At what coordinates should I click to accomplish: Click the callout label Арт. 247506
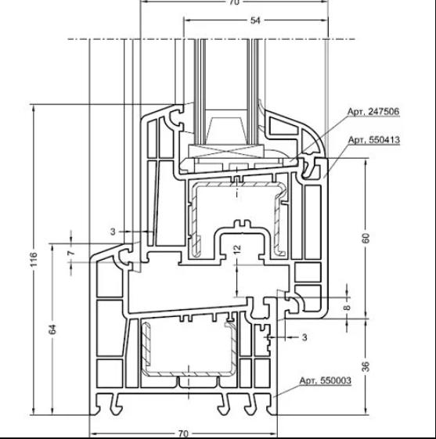373,113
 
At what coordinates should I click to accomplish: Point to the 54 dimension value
255,21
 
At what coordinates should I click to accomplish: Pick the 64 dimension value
52,329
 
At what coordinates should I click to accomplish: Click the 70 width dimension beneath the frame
182,432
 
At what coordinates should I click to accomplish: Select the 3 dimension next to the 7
113,232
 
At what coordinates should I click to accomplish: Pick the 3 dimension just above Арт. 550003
304,336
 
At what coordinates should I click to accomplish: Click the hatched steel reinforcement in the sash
278,211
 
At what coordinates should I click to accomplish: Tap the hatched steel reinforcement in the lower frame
144,352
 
